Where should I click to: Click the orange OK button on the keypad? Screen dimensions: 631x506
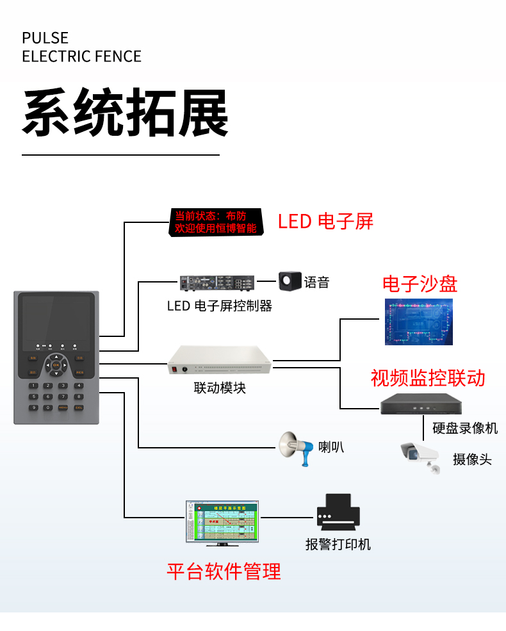56,365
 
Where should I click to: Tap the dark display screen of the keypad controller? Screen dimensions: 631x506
56,318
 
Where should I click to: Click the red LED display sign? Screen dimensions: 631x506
216,222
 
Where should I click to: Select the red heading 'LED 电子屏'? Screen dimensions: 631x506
325,222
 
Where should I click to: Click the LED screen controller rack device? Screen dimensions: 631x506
217,283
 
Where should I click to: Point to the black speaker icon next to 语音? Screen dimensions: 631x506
290,281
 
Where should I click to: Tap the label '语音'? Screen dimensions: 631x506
316,283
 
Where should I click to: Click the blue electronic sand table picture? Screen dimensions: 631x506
418,322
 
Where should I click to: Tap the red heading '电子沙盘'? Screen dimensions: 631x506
420,284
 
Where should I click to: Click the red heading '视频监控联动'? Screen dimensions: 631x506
428,378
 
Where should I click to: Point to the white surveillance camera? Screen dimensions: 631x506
420,455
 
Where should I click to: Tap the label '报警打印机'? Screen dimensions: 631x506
338,545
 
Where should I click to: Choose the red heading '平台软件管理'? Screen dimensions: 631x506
224,571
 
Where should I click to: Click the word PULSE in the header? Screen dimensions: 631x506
45,38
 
